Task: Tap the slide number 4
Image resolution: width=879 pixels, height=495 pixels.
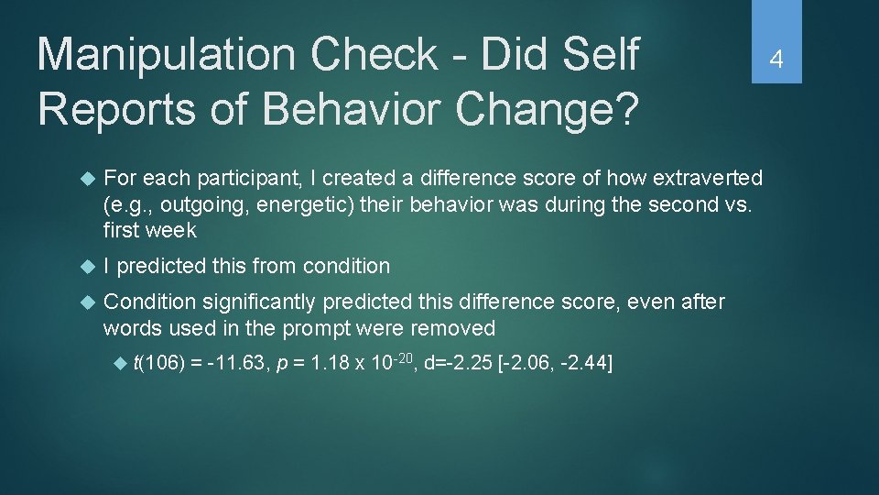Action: (776, 60)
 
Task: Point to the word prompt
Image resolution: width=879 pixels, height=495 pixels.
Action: (332, 327)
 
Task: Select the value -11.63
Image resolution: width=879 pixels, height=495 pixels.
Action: (238, 365)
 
